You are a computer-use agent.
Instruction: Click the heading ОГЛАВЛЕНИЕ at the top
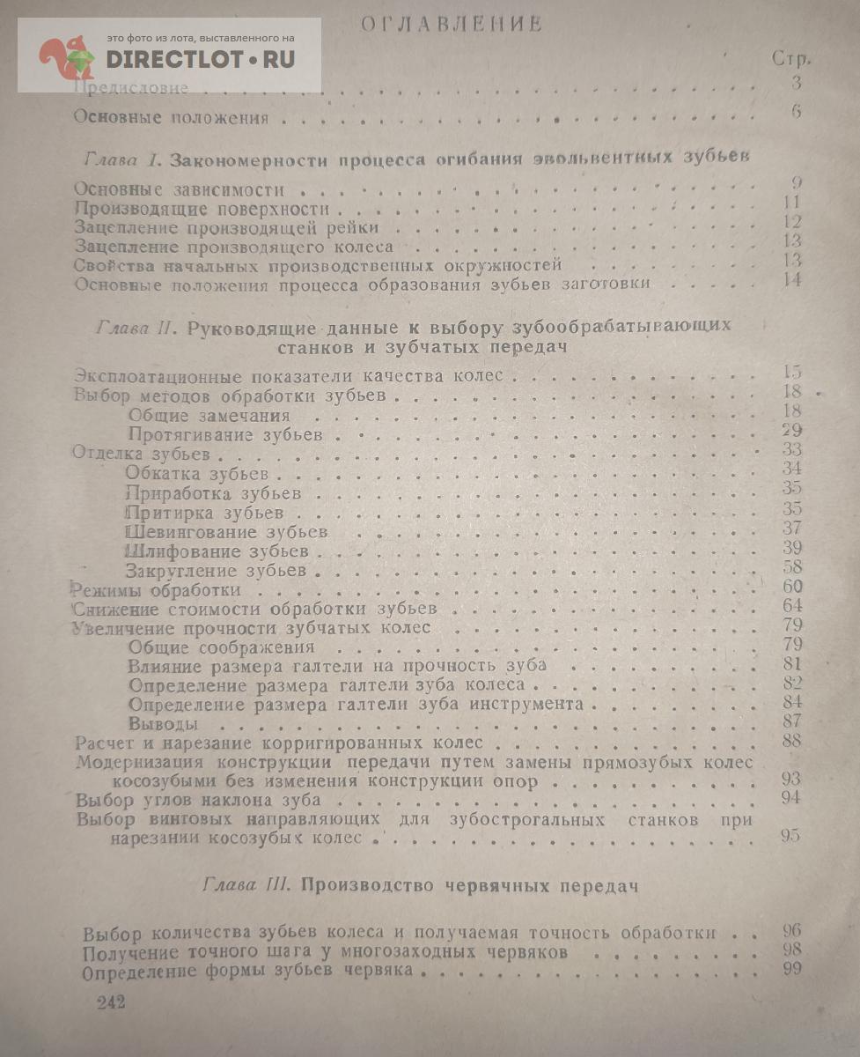point(451,24)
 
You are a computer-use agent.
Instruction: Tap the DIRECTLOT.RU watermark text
point(201,60)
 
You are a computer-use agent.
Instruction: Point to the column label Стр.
point(790,59)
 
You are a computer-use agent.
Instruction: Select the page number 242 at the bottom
point(109,1003)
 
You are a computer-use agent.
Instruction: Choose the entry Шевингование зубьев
point(227,532)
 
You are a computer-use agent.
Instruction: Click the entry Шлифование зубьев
point(217,551)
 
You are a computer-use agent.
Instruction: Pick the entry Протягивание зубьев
point(225,434)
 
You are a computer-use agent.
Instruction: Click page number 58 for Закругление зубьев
point(790,568)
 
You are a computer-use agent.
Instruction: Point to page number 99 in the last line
point(791,970)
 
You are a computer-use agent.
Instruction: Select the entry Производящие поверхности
point(202,210)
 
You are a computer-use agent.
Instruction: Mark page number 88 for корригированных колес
point(790,741)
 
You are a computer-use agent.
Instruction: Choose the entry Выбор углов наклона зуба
point(198,801)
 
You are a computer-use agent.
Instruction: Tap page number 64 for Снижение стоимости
point(790,606)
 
